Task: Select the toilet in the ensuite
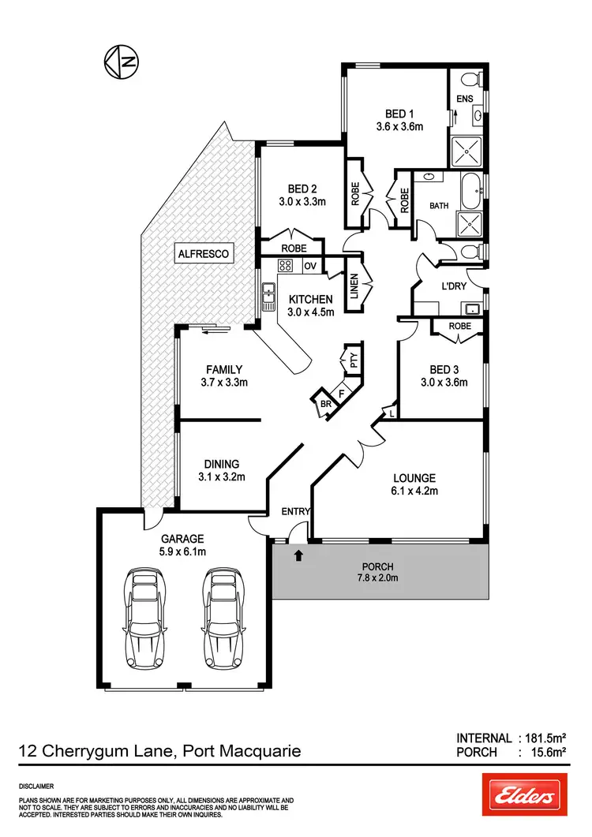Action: (x=470, y=79)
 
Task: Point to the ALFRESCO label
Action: (x=203, y=254)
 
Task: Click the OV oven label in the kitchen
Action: (x=309, y=266)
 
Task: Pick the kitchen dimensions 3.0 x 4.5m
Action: (x=311, y=312)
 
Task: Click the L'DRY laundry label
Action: (x=455, y=286)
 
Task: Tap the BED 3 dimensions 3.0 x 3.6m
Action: (x=444, y=383)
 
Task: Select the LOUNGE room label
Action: (x=414, y=477)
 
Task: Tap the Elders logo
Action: (x=525, y=794)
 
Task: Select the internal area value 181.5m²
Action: (x=544, y=738)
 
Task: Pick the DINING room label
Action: (x=220, y=464)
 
